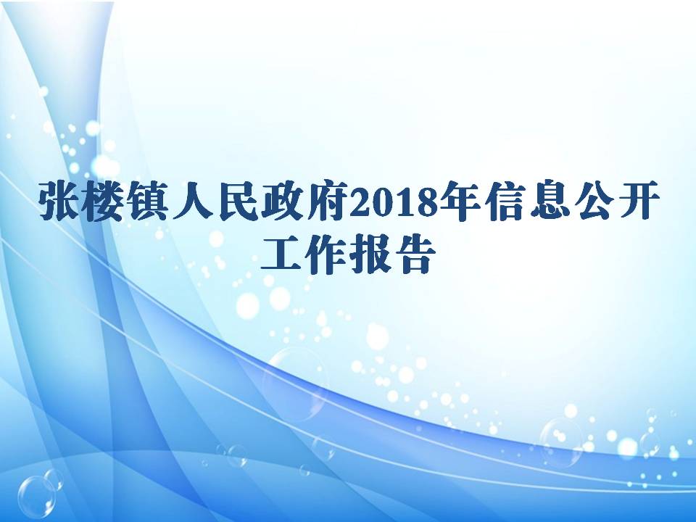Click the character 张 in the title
(x=59, y=201)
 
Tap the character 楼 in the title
(x=103, y=201)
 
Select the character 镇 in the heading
(x=147, y=201)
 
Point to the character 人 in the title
(x=192, y=201)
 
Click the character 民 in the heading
(x=236, y=201)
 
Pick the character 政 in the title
(x=281, y=201)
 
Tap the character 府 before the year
(x=326, y=201)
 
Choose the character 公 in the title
(x=590, y=201)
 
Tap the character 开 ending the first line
(x=635, y=201)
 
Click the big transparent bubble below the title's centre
(x=295, y=384)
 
